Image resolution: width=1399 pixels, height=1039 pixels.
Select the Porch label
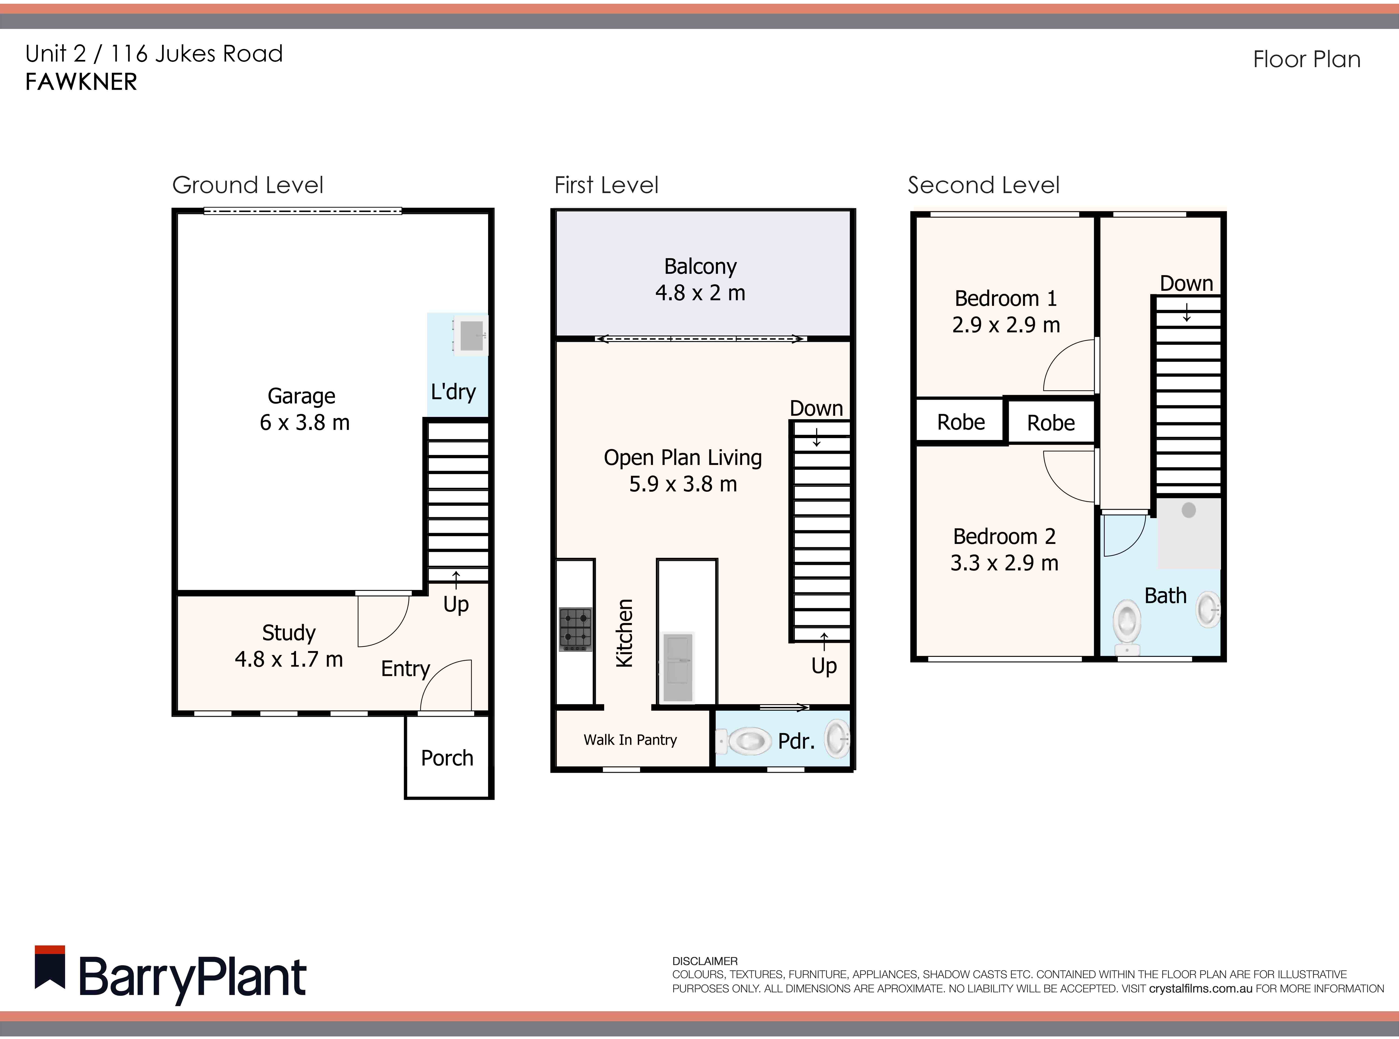coord(447,758)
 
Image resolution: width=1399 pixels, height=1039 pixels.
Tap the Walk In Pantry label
coord(630,740)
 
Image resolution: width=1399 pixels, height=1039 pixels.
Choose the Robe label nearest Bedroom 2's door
coord(1051,423)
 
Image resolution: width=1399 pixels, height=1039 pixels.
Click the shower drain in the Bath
coord(1188,509)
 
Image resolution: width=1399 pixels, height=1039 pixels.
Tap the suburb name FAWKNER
coord(81,82)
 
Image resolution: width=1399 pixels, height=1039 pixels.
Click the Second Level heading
coord(983,185)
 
